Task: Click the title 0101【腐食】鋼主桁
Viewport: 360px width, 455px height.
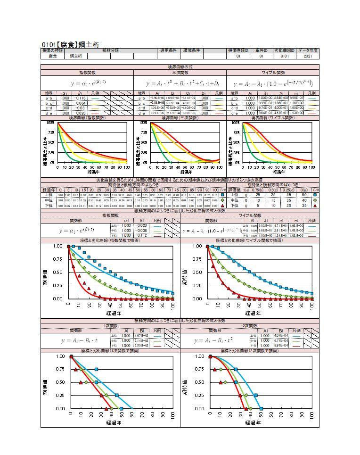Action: click(70, 44)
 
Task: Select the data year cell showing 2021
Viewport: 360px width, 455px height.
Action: click(308, 56)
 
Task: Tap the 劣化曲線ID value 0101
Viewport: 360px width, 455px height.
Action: click(288, 56)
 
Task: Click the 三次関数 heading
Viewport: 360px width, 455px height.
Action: click(180, 73)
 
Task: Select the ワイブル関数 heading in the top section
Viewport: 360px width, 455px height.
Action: click(273, 73)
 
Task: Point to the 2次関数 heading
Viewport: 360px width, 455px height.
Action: click(250, 326)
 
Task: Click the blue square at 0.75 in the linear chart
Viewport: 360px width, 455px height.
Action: click(96, 369)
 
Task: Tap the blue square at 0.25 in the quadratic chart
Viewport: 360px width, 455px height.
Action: click(256, 395)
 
